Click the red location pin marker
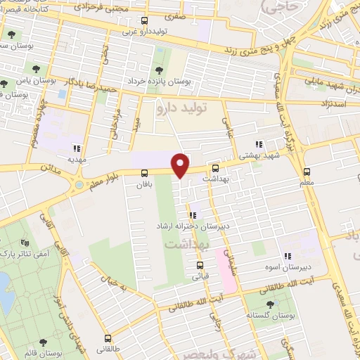pos(181,165)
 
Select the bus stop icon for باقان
pos(144,173)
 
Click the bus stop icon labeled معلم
pos(307,172)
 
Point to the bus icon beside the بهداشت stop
pos(215,168)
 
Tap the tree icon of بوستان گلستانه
pos(271,304)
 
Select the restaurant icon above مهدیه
pos(77,148)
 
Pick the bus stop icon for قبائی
pos(200,265)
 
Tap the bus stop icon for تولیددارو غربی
pos(144,20)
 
